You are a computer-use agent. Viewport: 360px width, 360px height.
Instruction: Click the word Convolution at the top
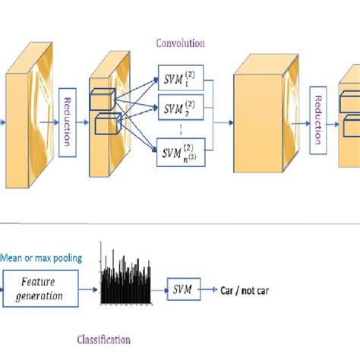[x=179, y=43]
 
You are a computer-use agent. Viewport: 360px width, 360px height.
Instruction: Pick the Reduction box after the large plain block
[x=320, y=117]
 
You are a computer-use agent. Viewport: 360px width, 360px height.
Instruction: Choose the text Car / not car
[x=245, y=290]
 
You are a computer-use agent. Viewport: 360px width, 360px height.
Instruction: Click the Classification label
[x=104, y=339]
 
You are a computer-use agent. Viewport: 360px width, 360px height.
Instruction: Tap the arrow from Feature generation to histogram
[x=90, y=290]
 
